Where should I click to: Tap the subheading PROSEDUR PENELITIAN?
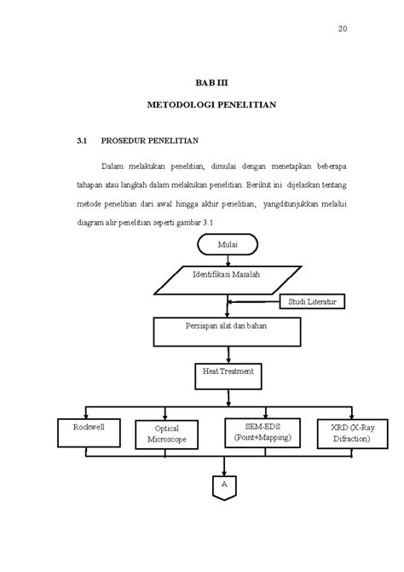click(149, 139)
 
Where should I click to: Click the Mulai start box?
click(227, 245)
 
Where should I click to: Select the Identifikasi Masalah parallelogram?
click(226, 276)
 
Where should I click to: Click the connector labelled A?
click(225, 484)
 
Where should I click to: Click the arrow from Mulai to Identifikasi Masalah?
click(226, 259)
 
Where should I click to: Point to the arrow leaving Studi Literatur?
click(254, 302)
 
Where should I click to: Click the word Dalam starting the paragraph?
click(113, 164)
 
